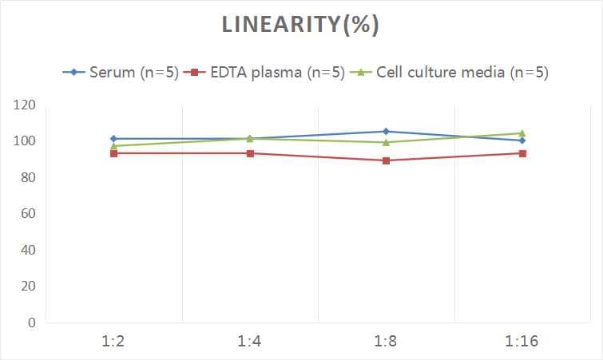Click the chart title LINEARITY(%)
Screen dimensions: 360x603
point(300,26)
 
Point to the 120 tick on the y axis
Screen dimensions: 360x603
point(24,105)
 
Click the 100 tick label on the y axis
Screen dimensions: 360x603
point(24,141)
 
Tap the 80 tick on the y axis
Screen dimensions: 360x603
point(27,178)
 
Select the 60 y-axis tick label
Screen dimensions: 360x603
point(27,214)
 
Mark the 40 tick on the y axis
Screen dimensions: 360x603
point(27,251)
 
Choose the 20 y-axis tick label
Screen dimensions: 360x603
point(27,287)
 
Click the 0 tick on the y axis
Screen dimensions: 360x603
point(31,323)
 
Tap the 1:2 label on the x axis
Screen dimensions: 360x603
point(113,342)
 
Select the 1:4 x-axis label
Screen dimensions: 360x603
point(249,342)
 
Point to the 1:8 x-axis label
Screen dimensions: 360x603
point(386,342)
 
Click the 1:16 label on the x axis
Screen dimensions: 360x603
point(522,342)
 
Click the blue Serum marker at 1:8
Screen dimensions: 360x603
point(386,132)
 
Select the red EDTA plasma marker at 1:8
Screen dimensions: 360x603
point(386,160)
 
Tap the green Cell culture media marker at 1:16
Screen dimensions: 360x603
point(522,133)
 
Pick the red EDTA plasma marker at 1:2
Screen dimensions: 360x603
point(113,153)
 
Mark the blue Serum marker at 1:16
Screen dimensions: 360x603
point(522,140)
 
